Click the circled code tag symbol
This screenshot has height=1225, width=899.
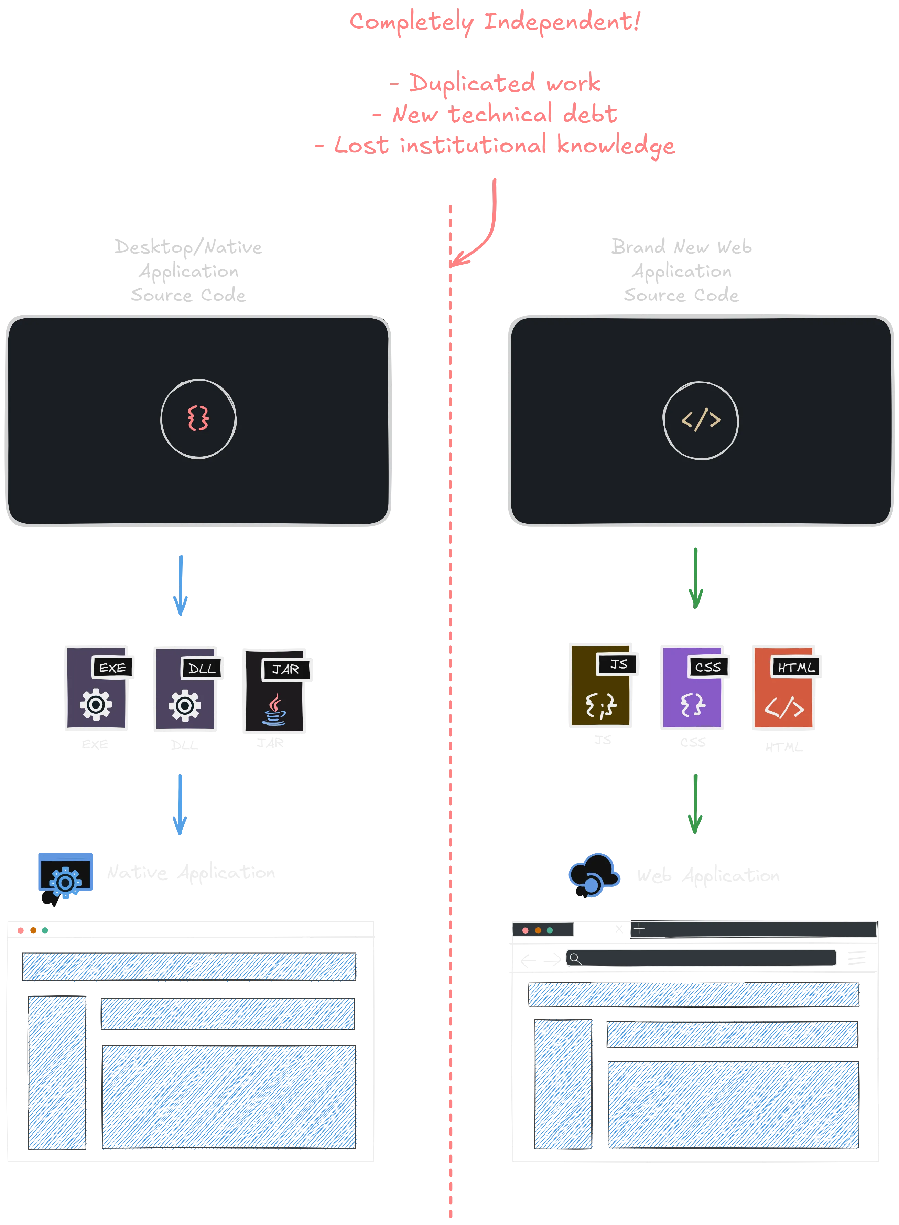point(700,420)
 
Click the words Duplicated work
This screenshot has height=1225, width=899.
point(504,83)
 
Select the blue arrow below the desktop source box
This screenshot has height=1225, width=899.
point(181,585)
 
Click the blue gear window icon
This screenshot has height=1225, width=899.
point(65,874)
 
